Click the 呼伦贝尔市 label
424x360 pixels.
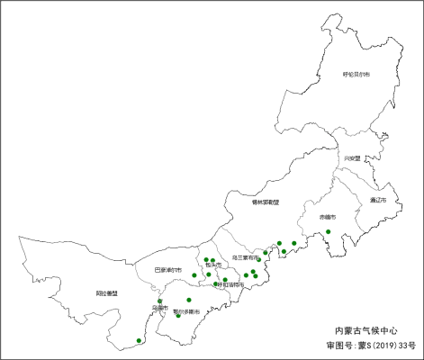(356, 74)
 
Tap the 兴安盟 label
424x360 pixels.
(351, 158)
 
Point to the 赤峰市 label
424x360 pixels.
(327, 218)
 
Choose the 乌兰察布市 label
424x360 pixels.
(245, 257)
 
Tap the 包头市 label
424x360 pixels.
(212, 265)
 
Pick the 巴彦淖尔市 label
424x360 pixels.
(167, 270)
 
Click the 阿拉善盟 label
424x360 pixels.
(107, 293)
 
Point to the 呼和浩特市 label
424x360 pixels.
(230, 284)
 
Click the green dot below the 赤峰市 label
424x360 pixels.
(329, 232)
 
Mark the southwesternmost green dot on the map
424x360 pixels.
(139, 340)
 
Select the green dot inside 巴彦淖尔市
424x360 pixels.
(194, 274)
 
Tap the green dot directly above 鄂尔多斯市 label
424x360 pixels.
(189, 300)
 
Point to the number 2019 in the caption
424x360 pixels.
(383, 345)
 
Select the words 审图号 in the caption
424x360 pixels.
(339, 345)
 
